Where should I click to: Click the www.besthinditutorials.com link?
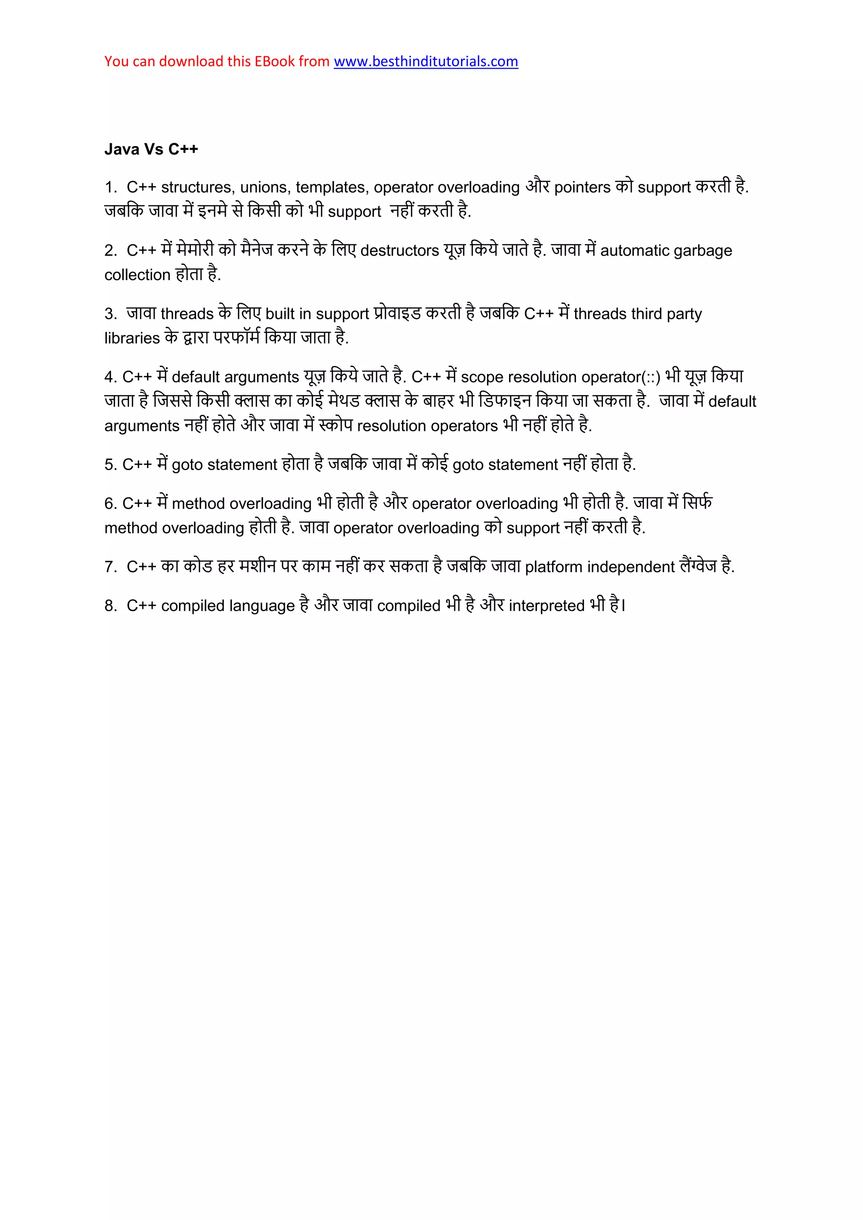point(426,62)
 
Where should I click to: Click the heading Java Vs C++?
point(151,149)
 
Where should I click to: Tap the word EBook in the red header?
point(274,62)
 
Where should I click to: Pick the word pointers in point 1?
point(582,187)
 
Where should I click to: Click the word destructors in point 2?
point(399,251)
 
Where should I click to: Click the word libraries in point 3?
point(132,338)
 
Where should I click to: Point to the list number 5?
point(110,465)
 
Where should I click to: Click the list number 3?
point(110,314)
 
